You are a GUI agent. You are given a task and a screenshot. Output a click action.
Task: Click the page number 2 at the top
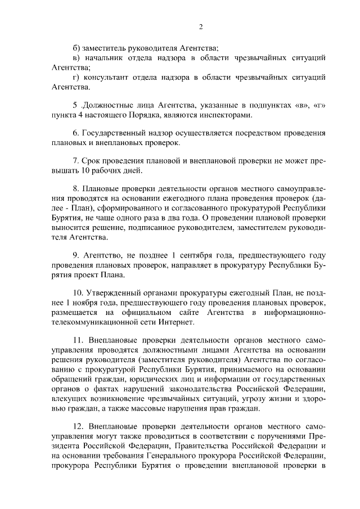tap(201, 27)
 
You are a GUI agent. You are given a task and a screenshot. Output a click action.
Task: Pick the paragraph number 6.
tap(76, 134)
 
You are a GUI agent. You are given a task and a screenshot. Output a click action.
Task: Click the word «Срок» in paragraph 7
tap(92, 161)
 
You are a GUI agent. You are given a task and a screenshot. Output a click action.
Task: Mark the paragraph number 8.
tap(76, 189)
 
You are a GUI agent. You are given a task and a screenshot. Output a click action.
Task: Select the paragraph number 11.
tap(78, 341)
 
